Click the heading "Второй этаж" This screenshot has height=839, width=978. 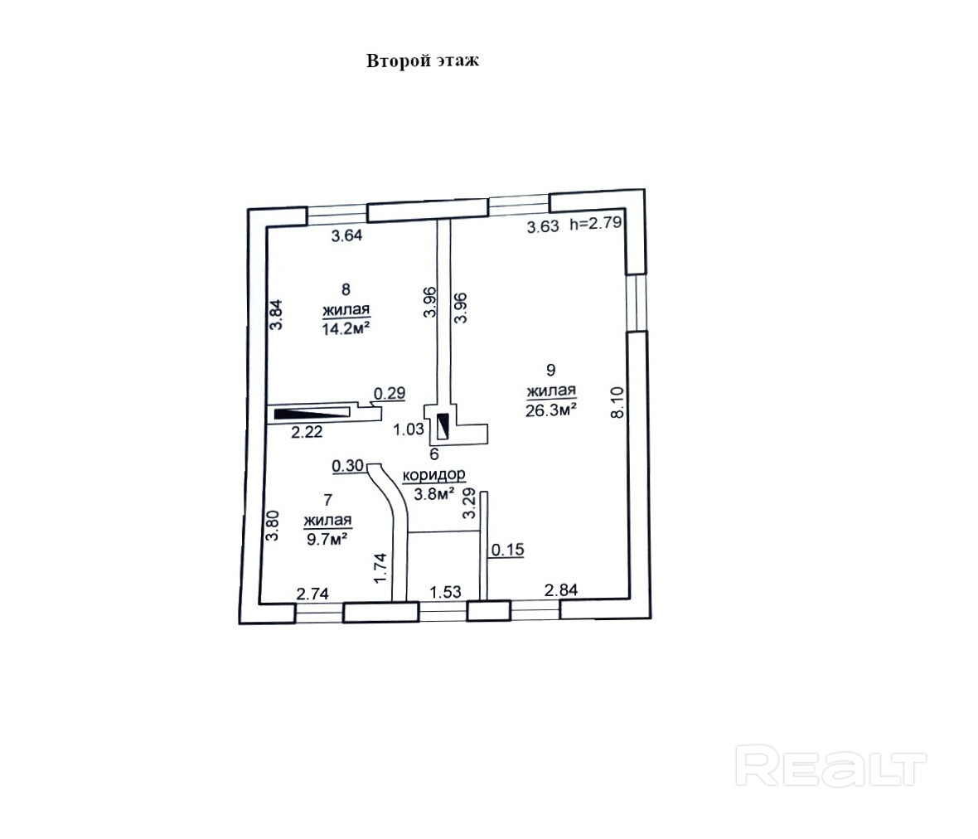pyautogui.click(x=422, y=61)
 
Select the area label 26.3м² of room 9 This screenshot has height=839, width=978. pyautogui.click(x=551, y=408)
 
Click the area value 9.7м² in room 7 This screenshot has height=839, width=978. pyautogui.click(x=327, y=537)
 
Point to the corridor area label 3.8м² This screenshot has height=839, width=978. pyautogui.click(x=433, y=495)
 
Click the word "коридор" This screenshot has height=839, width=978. pyautogui.click(x=433, y=475)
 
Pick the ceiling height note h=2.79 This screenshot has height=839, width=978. pyautogui.click(x=597, y=224)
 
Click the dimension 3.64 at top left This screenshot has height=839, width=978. pyautogui.click(x=347, y=235)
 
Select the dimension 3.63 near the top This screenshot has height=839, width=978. pyautogui.click(x=544, y=226)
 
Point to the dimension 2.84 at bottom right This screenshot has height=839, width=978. pyautogui.click(x=560, y=589)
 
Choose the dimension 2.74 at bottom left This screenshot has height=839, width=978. pyautogui.click(x=313, y=593)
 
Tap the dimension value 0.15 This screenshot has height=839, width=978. pyautogui.click(x=508, y=549)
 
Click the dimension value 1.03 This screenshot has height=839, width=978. pyautogui.click(x=409, y=429)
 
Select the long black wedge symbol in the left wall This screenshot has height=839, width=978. pyautogui.click(x=311, y=414)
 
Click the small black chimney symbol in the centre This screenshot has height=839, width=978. pyautogui.click(x=443, y=425)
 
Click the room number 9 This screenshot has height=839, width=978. pyautogui.click(x=550, y=370)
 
